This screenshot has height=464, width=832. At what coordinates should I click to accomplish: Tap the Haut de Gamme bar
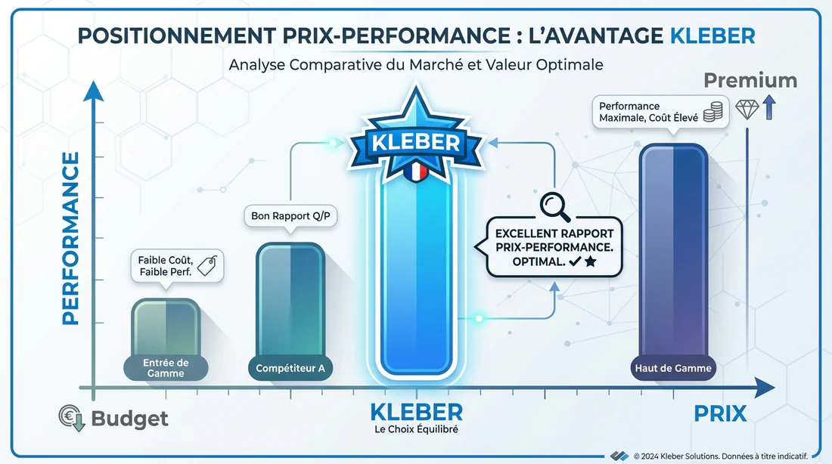(673, 257)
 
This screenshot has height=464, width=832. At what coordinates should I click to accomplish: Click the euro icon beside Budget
(73, 417)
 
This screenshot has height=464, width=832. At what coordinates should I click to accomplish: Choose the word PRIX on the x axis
(720, 413)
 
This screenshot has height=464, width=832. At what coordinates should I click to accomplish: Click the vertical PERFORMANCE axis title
(70, 238)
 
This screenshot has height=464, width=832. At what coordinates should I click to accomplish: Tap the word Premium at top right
(750, 81)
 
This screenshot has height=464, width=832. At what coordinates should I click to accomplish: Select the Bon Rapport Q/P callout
(290, 216)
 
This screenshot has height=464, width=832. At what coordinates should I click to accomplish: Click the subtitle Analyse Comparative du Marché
(416, 65)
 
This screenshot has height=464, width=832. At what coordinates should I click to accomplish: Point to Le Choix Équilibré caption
(417, 430)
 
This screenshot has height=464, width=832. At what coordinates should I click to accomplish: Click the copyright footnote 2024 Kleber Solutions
(720, 456)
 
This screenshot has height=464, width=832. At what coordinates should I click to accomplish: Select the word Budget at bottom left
(129, 418)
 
